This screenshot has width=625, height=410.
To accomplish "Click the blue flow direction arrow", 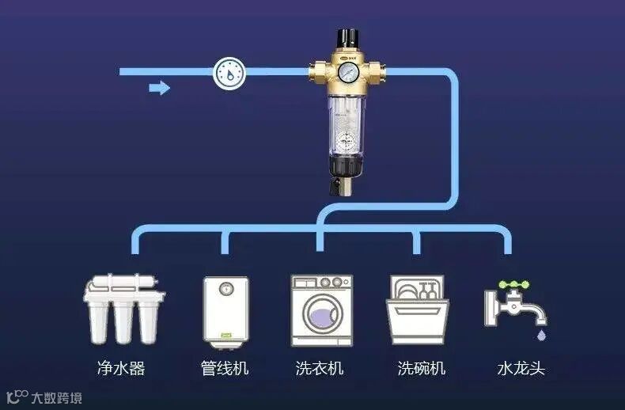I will point(160,88).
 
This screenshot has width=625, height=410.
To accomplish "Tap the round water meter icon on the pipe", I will point(230,74).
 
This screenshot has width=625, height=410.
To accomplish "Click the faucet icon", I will point(514,305).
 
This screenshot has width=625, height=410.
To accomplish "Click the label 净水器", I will point(121,368).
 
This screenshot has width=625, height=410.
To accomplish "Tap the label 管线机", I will point(225,368).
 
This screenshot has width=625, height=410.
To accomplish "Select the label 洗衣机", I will point(320,368).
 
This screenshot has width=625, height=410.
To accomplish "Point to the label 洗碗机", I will point(421,368).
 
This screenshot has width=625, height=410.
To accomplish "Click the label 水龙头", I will point(521,368).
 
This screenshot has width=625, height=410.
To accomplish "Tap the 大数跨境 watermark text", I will point(56,397).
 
